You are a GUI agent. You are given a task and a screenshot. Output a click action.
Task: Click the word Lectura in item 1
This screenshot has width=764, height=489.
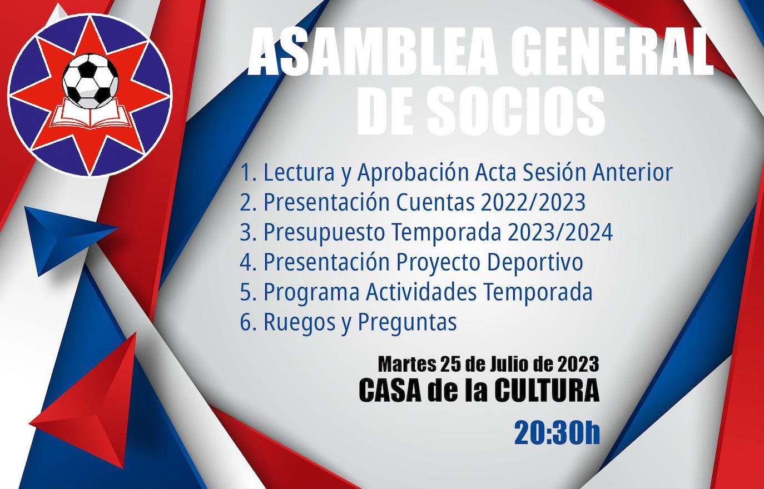299,172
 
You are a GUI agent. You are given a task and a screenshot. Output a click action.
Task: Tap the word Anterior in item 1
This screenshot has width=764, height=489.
632,172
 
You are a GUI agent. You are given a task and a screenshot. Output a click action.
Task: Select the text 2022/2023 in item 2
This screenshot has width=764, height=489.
534,202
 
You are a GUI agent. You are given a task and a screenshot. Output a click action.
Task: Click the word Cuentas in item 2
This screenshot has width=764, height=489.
435,202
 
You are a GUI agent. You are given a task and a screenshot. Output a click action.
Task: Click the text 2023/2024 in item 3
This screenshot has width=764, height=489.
560,232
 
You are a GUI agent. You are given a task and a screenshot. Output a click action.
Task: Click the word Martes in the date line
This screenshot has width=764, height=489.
406,365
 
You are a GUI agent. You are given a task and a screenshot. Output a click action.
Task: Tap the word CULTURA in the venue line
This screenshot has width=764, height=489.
547,391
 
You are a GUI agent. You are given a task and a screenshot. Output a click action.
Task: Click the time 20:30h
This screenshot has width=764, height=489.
557,433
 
